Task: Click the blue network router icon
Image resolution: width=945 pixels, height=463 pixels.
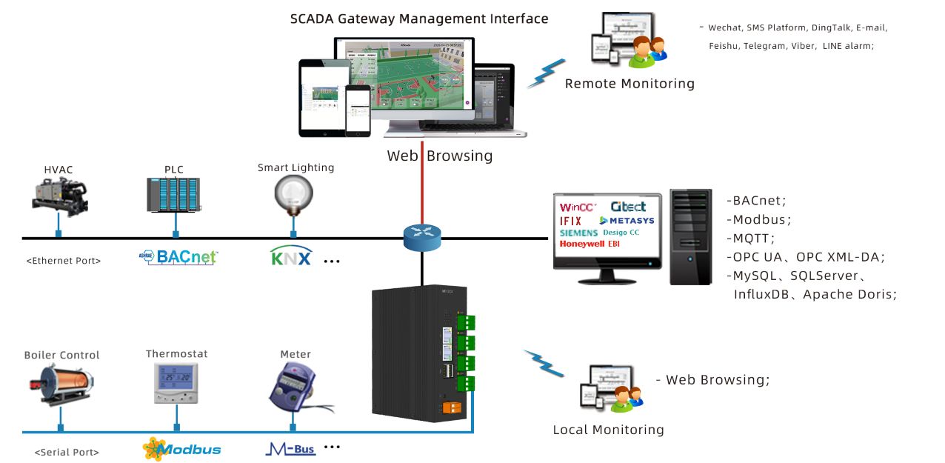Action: (x=422, y=236)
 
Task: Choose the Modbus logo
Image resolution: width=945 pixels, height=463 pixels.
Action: (x=181, y=449)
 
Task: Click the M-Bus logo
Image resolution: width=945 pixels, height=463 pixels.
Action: (x=290, y=448)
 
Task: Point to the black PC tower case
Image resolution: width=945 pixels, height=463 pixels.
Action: (x=690, y=237)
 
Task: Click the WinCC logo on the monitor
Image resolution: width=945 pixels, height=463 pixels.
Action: (x=578, y=207)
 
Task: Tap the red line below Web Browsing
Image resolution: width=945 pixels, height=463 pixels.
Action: (x=422, y=193)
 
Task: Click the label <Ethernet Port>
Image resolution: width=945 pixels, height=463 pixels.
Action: (x=64, y=261)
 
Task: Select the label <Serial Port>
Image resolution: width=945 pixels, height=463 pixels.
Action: (x=67, y=452)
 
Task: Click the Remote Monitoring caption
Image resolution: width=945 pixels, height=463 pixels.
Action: (x=630, y=84)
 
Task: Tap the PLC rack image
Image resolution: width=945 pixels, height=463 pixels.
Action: (x=174, y=196)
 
